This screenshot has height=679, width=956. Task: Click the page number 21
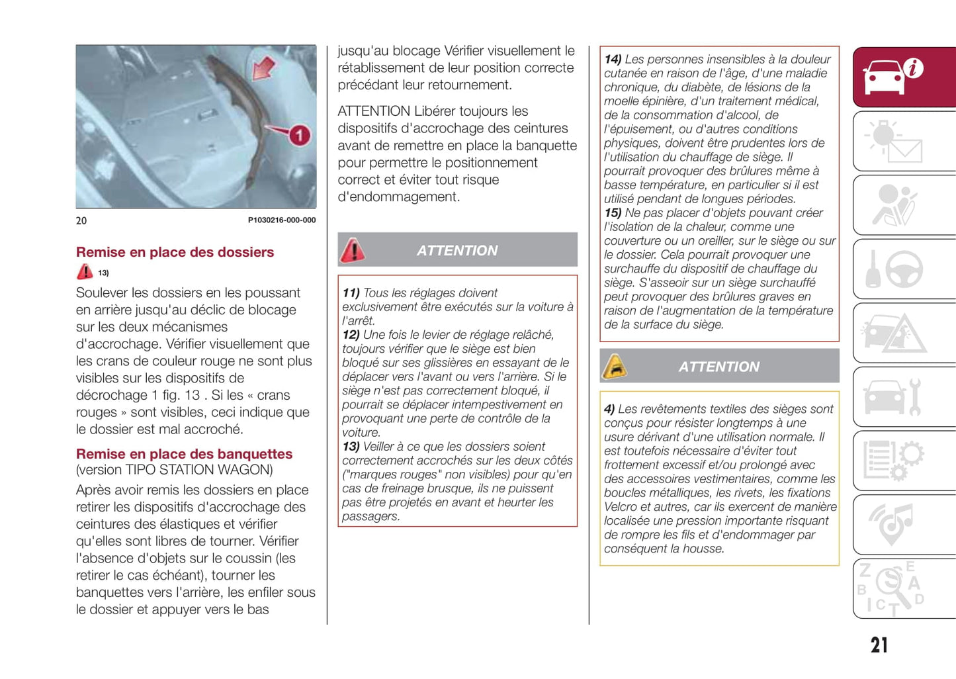[x=879, y=645]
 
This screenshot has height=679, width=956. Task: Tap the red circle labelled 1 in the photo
[x=299, y=136]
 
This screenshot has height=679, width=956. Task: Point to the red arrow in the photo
[x=264, y=68]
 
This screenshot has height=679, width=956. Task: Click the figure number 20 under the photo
[x=81, y=220]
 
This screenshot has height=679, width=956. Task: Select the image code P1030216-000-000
[x=282, y=220]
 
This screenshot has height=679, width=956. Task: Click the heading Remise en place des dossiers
[x=175, y=252]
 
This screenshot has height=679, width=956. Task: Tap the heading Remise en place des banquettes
[x=184, y=454]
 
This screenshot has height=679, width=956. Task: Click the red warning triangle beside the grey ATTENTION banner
[x=353, y=250]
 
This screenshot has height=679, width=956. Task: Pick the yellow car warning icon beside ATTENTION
[x=615, y=366]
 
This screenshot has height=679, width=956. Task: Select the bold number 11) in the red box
[x=351, y=293]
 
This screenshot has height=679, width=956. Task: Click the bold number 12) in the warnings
[x=351, y=335]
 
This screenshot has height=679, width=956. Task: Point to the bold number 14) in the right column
[x=613, y=60]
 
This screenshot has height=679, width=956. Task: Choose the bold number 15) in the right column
[x=613, y=213]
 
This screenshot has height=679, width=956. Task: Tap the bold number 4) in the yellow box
[x=609, y=409]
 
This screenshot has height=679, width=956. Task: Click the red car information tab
[x=904, y=77]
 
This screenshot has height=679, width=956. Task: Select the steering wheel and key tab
[x=904, y=269]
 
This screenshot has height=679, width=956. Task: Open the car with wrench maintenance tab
[x=904, y=397]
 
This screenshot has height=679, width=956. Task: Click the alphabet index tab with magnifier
[x=904, y=589]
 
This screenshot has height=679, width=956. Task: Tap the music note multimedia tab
[x=904, y=525]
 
